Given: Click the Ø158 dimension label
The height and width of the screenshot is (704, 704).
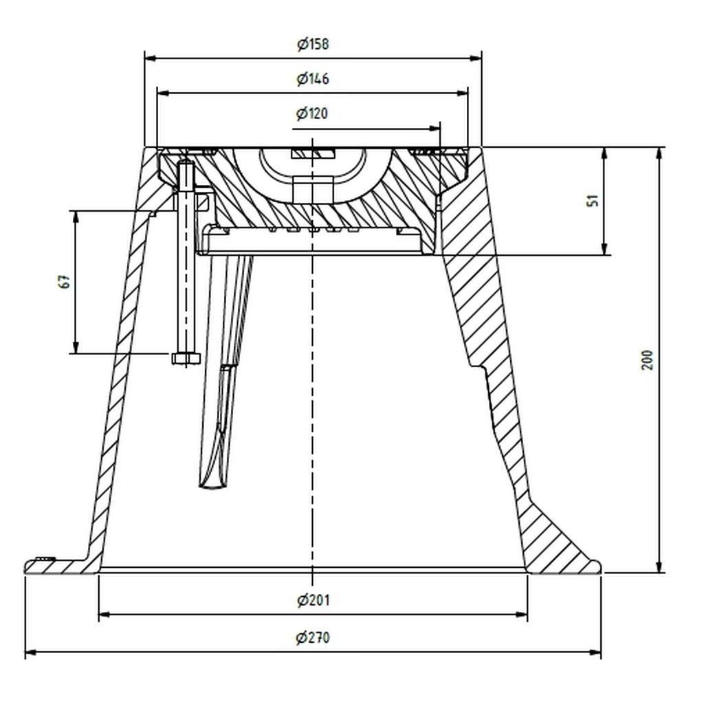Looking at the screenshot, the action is (x=313, y=44).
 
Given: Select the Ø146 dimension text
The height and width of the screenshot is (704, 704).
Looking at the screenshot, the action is (x=313, y=79).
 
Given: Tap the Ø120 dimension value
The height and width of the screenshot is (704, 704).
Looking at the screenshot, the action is (x=312, y=113).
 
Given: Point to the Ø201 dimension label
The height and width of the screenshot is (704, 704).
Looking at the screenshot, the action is (x=313, y=599).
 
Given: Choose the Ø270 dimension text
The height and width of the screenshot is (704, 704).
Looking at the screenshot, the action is (x=313, y=637).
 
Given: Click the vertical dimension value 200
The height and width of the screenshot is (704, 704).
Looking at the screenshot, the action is (x=647, y=360).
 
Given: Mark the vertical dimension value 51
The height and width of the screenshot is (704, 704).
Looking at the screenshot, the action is (x=593, y=200).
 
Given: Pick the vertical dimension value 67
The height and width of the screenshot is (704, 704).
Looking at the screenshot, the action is (x=65, y=282).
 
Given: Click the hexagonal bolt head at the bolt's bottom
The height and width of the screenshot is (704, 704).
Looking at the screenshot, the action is (x=186, y=357).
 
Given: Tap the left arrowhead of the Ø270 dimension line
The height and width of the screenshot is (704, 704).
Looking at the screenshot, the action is (x=30, y=652).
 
